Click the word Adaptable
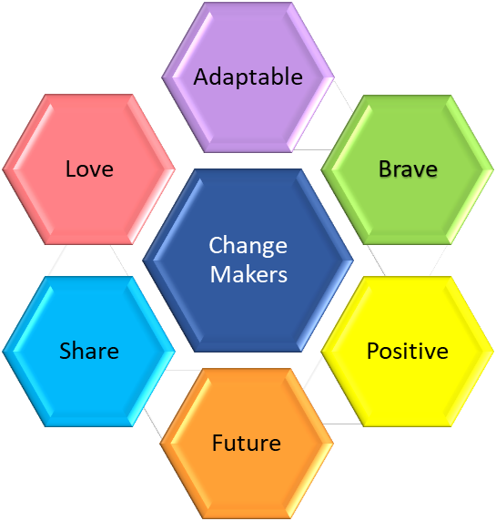point(248,77)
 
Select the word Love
point(89,169)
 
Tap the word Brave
point(408,169)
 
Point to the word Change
point(248,247)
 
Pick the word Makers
point(248,274)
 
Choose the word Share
point(89,351)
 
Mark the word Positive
point(408,351)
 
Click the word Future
point(247,443)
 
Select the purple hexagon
point(248,77)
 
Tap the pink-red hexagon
point(89,169)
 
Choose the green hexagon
point(408,169)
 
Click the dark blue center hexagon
point(248,260)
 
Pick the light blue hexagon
point(89,352)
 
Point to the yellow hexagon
point(408,352)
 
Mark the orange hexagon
point(247,444)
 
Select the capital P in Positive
point(372,351)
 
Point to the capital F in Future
point(218,443)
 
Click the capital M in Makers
point(219,274)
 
